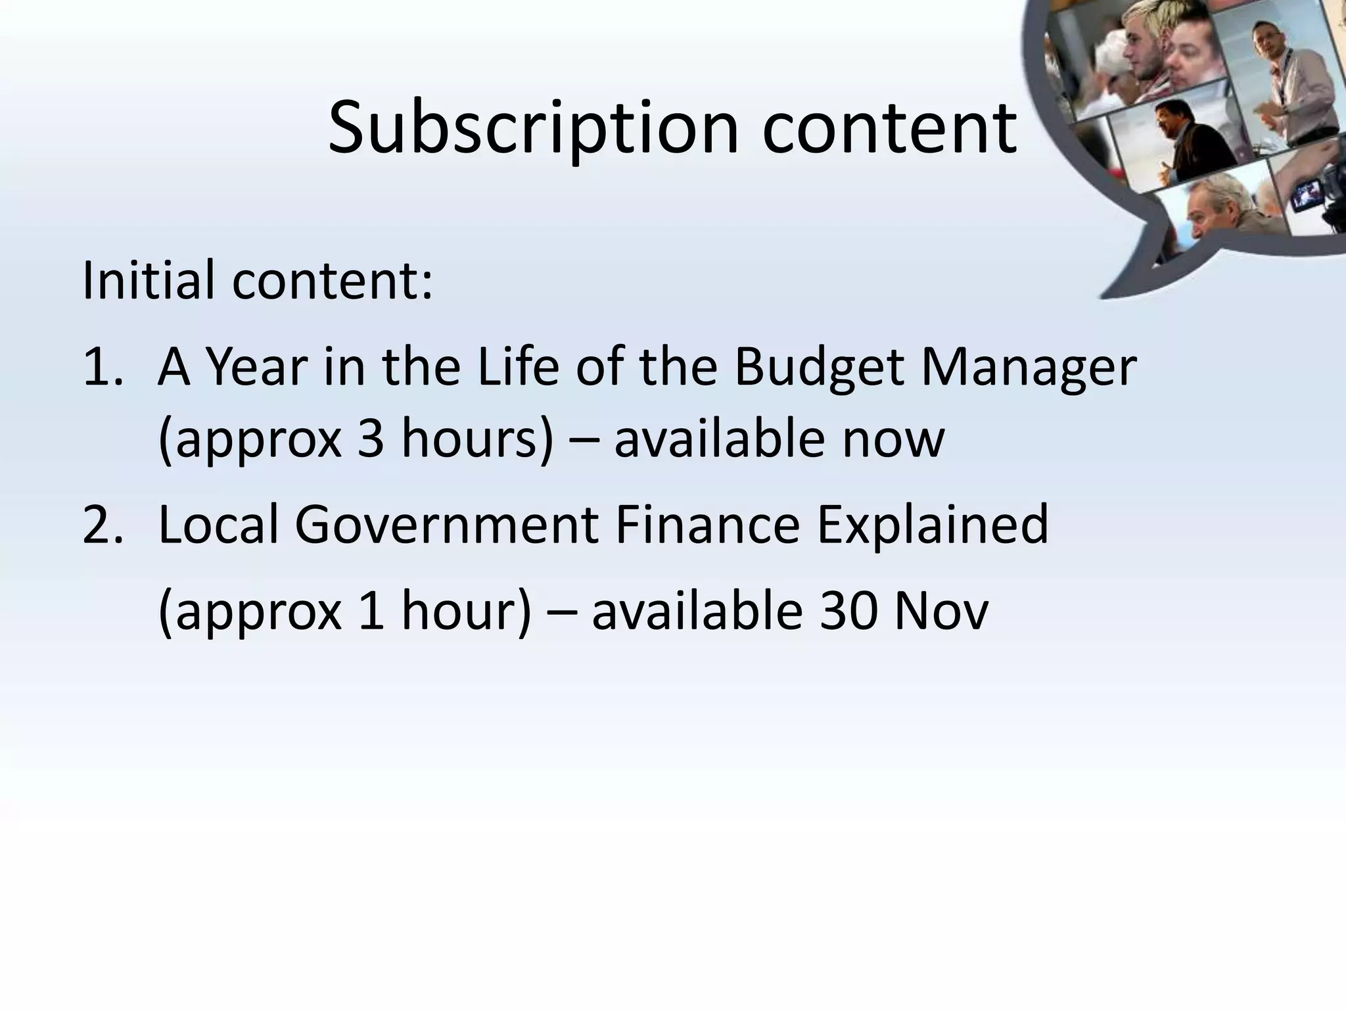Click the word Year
point(253,368)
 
